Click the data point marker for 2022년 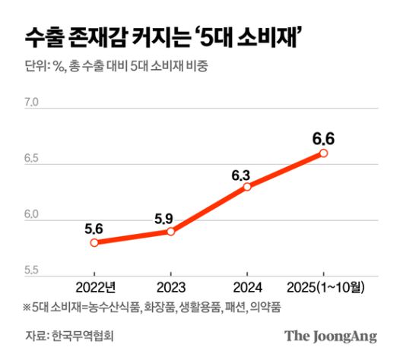94,242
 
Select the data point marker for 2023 170,231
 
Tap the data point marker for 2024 247,186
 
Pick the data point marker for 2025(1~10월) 323,153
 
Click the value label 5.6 94,226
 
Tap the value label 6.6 324,139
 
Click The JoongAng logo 331,335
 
